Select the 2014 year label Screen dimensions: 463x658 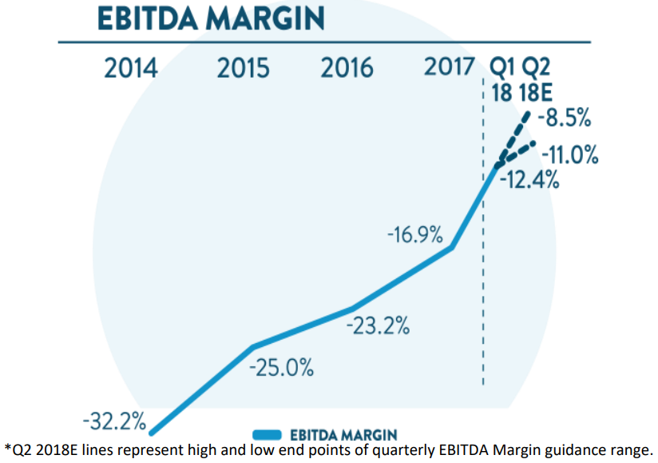pos(131,68)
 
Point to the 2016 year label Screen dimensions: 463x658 pos(347,68)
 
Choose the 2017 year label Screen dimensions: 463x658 pos(450,66)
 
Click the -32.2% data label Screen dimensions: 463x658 pos(113,420)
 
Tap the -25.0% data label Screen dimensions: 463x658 pos(281,369)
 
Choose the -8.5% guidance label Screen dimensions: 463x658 pos(565,119)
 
